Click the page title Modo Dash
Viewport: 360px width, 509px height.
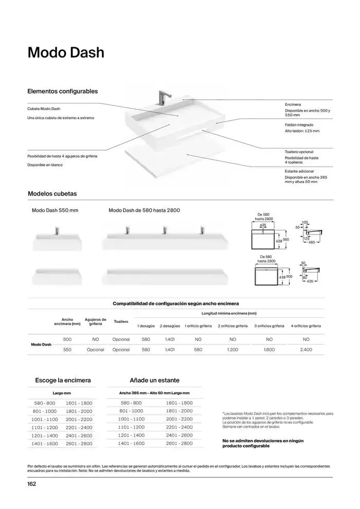point(65,53)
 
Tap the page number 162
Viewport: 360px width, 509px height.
point(32,483)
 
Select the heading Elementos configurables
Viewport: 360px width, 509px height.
point(62,92)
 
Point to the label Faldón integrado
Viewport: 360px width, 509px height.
point(299,125)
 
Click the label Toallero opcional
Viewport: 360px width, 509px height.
point(299,152)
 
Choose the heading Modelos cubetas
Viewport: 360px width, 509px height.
point(52,194)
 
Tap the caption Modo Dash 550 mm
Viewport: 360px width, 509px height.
point(55,211)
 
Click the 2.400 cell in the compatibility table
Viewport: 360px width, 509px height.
point(306,350)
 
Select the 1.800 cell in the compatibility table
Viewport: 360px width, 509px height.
point(269,350)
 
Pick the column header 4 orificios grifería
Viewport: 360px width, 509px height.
point(306,326)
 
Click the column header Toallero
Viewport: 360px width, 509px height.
point(121,321)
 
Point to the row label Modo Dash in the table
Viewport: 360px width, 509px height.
point(41,344)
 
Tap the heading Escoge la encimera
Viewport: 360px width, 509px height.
point(63,380)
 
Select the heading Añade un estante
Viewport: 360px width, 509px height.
point(154,380)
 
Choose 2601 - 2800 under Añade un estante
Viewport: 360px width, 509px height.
point(179,443)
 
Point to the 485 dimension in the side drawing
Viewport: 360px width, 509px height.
point(312,242)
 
